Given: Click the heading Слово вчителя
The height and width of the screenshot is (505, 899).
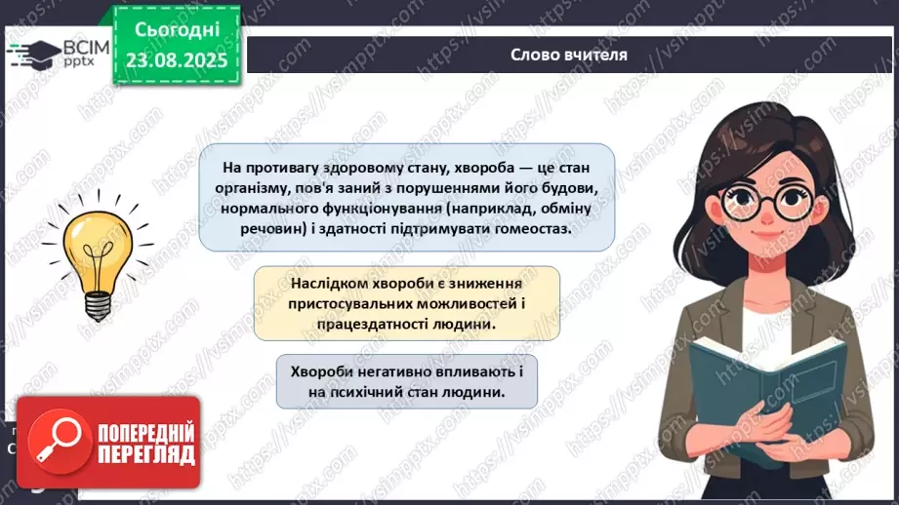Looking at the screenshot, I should point(569,55).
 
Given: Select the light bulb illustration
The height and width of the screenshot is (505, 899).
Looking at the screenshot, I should point(98,258).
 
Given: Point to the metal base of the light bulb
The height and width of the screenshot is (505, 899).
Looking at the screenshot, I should point(98,304).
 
